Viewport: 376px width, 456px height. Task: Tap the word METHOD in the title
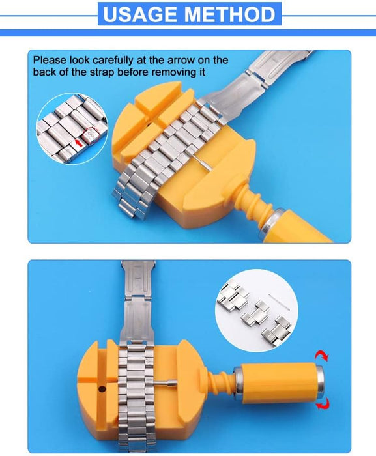232,14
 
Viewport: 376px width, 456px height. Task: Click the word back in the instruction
44,72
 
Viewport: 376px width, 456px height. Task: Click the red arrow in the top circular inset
78,139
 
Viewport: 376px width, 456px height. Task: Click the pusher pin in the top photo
202,160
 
